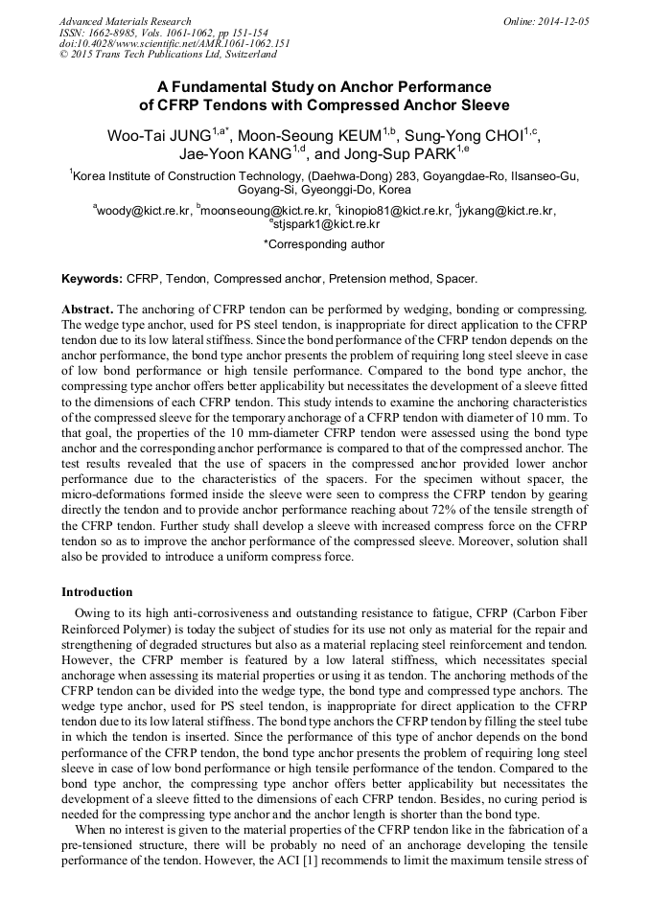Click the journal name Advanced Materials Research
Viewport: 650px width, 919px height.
click(x=125, y=21)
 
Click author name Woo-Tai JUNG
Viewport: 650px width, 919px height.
click(x=158, y=135)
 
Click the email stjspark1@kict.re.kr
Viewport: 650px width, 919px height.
click(x=326, y=225)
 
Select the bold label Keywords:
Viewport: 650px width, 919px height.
click(x=91, y=279)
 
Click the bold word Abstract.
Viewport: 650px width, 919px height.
click(x=87, y=310)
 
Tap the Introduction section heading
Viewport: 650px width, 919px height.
click(x=97, y=592)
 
